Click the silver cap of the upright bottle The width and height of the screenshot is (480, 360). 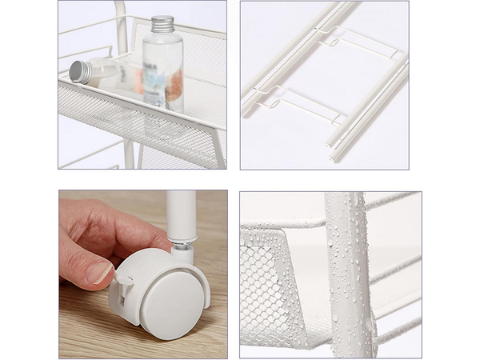162,23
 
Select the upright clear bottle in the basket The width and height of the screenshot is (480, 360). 163,68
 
